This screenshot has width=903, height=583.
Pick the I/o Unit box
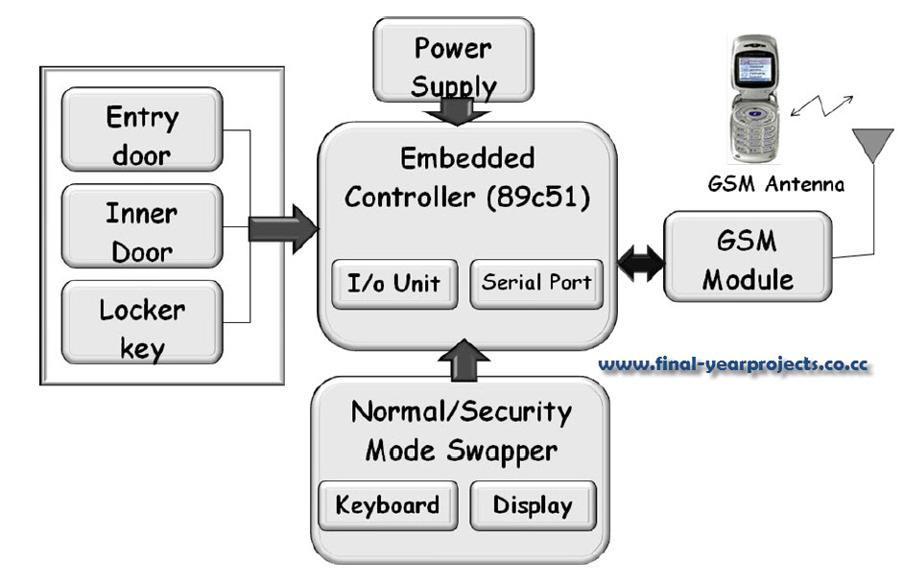(393, 284)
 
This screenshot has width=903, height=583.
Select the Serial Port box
(537, 283)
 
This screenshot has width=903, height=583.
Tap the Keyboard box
(388, 505)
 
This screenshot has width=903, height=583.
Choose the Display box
(533, 505)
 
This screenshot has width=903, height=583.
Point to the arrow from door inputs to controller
(282, 228)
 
